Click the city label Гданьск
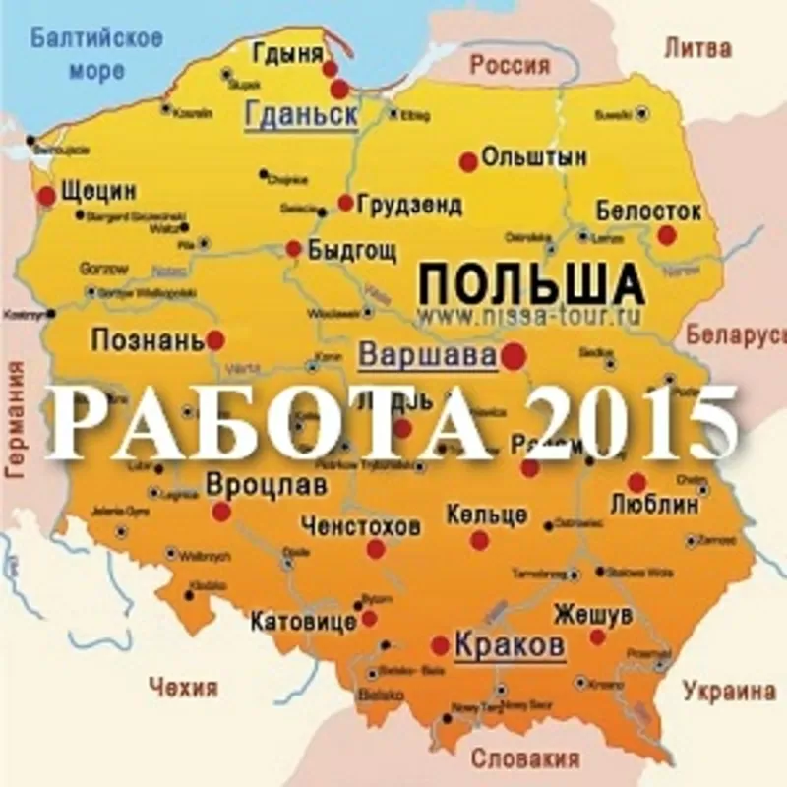point(300,116)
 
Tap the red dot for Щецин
point(46,197)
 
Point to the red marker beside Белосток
point(667,234)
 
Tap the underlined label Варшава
point(426,355)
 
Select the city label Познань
point(148,340)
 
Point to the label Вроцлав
point(266,484)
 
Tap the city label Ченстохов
point(362,525)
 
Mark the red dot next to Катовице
point(369,618)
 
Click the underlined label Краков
point(510,646)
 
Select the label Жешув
point(591,613)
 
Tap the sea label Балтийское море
point(95,55)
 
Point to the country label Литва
point(698,47)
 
